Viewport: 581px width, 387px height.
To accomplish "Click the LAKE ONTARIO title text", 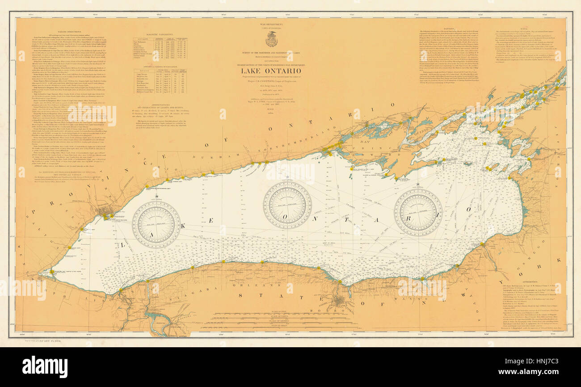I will (x=271, y=71).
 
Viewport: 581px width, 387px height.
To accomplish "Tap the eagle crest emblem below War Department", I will (x=271, y=39).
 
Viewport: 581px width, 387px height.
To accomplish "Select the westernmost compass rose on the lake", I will (x=156, y=224).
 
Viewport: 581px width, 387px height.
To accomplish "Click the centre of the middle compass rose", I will (x=286, y=205).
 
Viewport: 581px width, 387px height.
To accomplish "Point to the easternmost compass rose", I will (x=418, y=212).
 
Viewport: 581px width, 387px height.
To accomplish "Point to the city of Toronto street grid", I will (x=106, y=210).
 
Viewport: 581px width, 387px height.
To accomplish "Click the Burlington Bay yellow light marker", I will (x=52, y=271).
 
